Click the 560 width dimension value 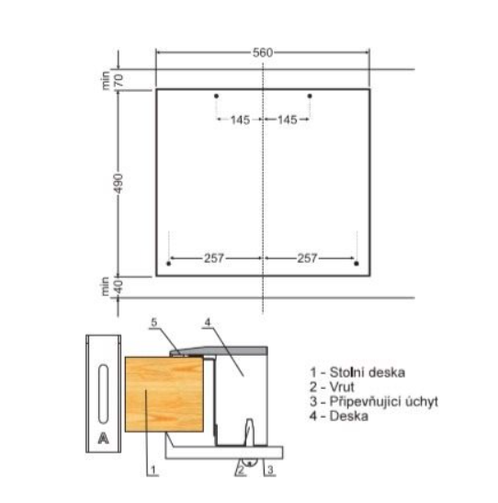tap(263, 52)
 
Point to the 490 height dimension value tap(119, 184)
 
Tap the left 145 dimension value tap(241, 120)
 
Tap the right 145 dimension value tap(288, 120)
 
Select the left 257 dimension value tap(214, 258)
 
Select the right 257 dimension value tap(307, 258)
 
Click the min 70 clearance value tap(112, 80)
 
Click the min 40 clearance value tap(112, 287)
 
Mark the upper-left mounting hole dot tap(216, 96)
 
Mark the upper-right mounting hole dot tap(310, 96)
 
